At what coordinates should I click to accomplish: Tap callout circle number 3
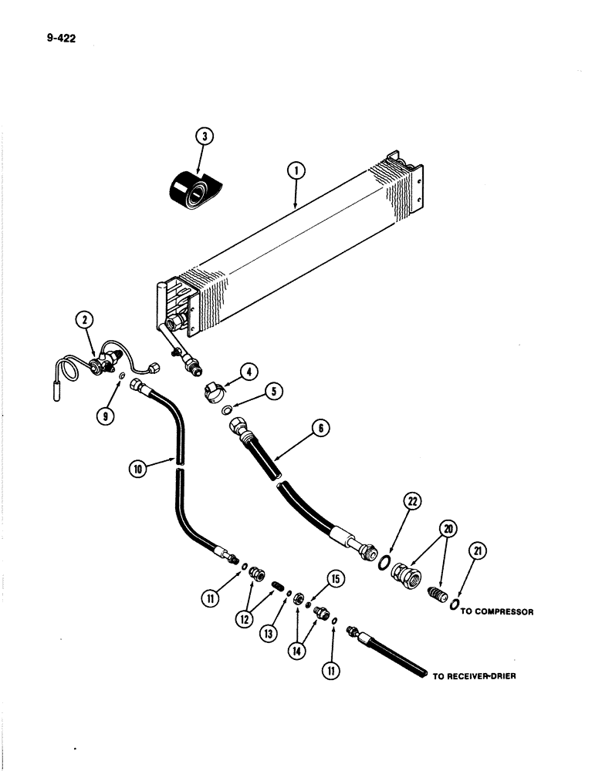pos(203,138)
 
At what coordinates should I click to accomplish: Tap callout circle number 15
pos(335,578)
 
